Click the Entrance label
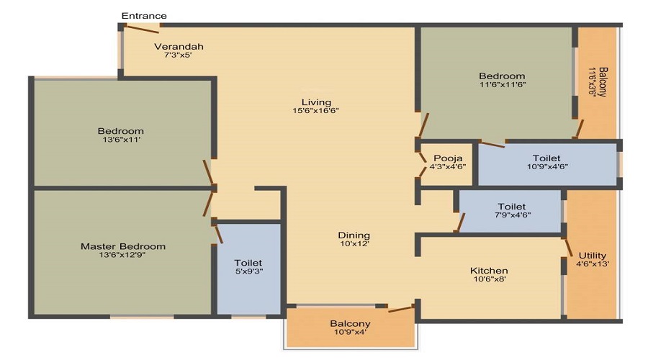click(x=144, y=16)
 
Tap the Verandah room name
click(x=179, y=46)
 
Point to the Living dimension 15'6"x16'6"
click(x=316, y=110)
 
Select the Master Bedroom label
click(x=123, y=246)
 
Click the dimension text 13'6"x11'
click(x=122, y=140)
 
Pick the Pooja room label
click(x=448, y=158)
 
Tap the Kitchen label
click(x=489, y=271)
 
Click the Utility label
click(x=593, y=256)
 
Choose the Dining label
click(x=354, y=235)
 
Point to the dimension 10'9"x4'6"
click(x=547, y=166)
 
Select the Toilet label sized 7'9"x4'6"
click(x=512, y=206)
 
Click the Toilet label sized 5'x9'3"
click(x=248, y=263)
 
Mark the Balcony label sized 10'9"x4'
click(x=350, y=323)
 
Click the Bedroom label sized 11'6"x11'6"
click(x=502, y=76)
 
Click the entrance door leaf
click(x=142, y=29)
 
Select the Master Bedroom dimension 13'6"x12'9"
click(x=122, y=255)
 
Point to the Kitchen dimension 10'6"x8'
click(x=490, y=279)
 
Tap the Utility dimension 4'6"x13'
click(x=593, y=264)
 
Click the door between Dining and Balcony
click(x=401, y=309)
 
